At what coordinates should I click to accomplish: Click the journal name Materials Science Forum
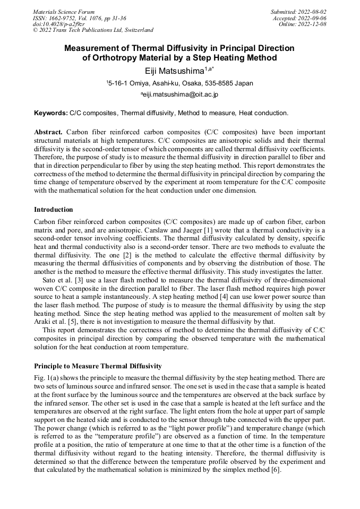[x=64, y=11]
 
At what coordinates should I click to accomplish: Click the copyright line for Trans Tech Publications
[x=93, y=30]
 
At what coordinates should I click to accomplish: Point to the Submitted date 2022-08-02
[x=298, y=11]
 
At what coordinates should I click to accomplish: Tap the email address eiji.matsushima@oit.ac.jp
[x=181, y=94]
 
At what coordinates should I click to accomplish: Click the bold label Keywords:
[x=51, y=113]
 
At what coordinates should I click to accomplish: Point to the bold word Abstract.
[x=48, y=131]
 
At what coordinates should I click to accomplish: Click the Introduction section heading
[x=54, y=210]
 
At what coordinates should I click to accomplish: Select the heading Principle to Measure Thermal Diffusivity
[x=98, y=366]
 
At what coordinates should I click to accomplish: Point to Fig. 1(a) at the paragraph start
[x=47, y=377]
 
